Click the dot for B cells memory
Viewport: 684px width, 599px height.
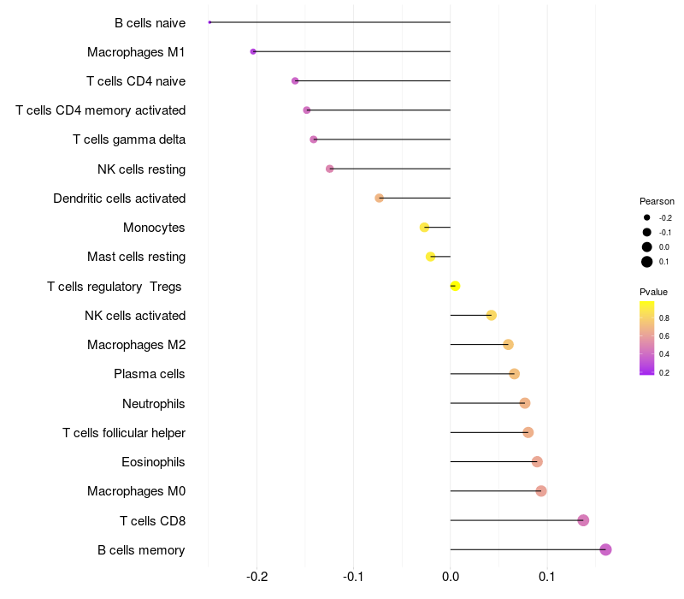coord(605,549)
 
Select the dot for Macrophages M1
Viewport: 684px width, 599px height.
coord(253,51)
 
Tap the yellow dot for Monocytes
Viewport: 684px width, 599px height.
coord(424,228)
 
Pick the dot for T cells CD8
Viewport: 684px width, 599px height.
coord(583,520)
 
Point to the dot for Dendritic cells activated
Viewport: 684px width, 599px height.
coord(379,199)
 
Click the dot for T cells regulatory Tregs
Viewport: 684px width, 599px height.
coord(455,286)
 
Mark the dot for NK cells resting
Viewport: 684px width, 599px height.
coord(330,169)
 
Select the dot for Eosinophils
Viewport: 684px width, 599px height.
coord(537,462)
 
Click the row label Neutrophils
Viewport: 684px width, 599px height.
coord(154,404)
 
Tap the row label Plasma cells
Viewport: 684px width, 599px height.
coord(149,374)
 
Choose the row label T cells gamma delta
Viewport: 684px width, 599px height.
coord(129,139)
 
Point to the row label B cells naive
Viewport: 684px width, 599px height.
coord(150,23)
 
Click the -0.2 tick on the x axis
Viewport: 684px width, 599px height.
coord(257,577)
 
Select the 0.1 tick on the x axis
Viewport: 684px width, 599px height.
coord(547,577)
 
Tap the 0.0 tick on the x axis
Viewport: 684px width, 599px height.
coord(451,577)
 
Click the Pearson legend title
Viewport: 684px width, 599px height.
coord(657,201)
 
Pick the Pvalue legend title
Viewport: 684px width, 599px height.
coord(653,292)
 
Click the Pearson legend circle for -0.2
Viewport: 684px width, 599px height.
coord(647,217)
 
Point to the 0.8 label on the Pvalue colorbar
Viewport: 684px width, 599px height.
coord(664,317)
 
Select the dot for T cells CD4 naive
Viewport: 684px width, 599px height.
coord(295,80)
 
